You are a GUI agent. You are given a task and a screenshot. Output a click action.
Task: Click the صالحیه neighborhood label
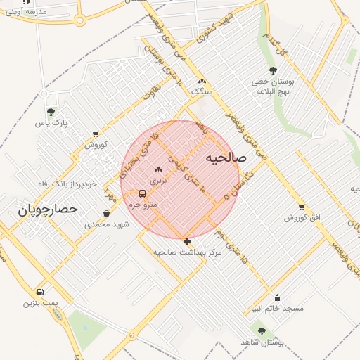(226, 158)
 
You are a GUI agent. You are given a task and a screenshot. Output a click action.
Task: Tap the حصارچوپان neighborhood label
(46, 210)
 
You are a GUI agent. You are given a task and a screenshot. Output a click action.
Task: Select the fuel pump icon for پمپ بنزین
(40, 292)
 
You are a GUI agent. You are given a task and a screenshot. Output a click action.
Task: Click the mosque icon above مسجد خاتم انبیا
(277, 297)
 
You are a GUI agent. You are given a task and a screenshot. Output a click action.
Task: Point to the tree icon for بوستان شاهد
(262, 330)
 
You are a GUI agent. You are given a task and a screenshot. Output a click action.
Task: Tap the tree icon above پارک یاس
(50, 112)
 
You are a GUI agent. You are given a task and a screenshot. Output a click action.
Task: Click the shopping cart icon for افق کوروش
(302, 207)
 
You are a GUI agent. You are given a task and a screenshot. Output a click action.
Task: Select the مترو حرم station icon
(143, 193)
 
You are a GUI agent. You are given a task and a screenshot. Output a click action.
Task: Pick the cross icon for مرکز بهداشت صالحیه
(187, 241)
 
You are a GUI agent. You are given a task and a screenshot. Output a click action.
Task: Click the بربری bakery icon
(158, 169)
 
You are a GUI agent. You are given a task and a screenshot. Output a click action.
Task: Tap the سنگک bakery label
(201, 91)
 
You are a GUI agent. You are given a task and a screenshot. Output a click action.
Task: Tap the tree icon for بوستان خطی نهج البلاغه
(273, 70)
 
